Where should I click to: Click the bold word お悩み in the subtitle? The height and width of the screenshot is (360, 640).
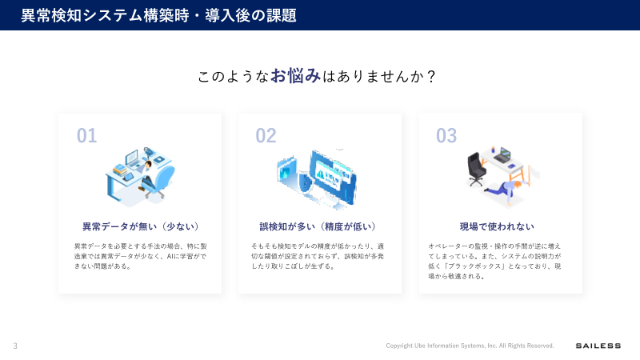pyautogui.click(x=295, y=76)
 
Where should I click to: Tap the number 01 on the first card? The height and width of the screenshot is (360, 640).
pyautogui.click(x=86, y=136)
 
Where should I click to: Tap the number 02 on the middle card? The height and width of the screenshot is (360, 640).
pyautogui.click(x=266, y=136)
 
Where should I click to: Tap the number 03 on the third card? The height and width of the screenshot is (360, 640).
pyautogui.click(x=446, y=136)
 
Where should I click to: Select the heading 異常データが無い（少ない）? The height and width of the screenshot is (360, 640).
pyautogui.click(x=140, y=226)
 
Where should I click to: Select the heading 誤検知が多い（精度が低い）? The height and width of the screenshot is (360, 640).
pyautogui.click(x=318, y=226)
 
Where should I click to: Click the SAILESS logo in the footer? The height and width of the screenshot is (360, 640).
pyautogui.click(x=598, y=346)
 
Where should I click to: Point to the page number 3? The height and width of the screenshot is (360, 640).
pyautogui.click(x=14, y=346)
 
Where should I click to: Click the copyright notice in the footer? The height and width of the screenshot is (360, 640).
pyautogui.click(x=470, y=346)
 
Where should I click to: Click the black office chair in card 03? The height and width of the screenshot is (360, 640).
pyautogui.click(x=478, y=167)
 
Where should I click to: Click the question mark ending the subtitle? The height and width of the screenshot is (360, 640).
pyautogui.click(x=431, y=77)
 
